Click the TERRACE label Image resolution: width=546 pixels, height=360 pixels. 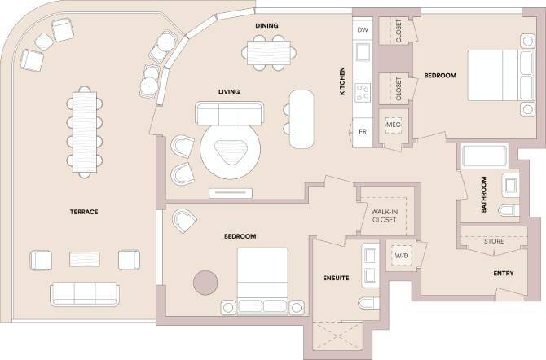(84, 212)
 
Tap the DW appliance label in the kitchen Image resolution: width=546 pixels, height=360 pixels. (363, 29)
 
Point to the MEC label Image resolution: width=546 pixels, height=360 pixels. (394, 125)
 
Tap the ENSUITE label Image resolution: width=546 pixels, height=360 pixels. (335, 278)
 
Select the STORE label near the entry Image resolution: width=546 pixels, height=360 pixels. (494, 242)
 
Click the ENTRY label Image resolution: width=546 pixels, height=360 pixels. (503, 274)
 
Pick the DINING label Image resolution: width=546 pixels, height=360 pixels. (266, 26)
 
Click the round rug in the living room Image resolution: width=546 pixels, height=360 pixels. (231, 151)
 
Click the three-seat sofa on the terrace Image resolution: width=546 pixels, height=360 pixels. (84, 293)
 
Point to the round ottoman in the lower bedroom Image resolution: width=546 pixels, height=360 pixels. (205, 282)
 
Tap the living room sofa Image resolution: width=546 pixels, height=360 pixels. (229, 112)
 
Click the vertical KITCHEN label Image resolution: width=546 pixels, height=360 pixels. (343, 81)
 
